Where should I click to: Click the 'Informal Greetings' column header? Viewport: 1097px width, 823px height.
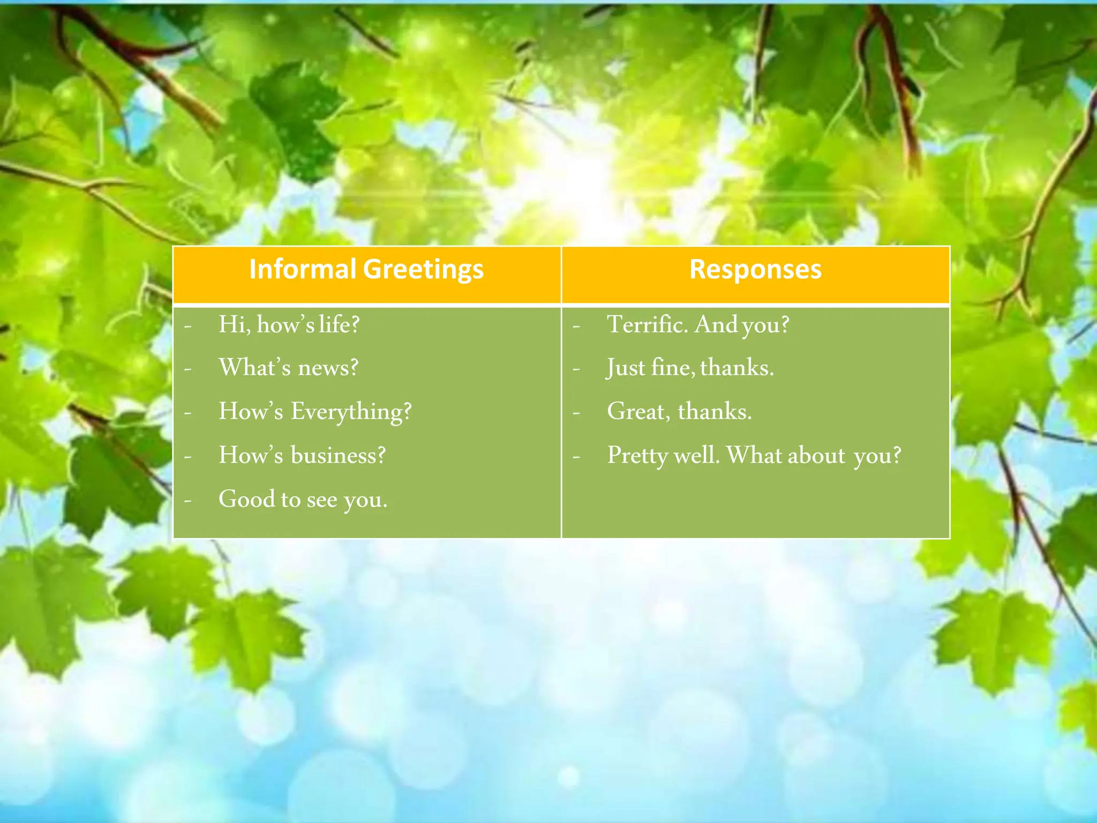[366, 270]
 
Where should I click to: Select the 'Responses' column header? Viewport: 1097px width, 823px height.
[755, 270]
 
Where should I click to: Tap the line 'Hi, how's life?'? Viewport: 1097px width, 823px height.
[289, 325]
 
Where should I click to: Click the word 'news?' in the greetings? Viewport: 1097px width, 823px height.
[328, 368]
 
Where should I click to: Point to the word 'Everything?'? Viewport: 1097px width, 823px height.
[351, 412]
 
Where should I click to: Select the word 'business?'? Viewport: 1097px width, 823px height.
[338, 455]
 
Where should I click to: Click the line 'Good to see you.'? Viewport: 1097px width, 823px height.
[303, 499]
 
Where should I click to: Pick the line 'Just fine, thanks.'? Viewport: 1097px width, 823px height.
[690, 368]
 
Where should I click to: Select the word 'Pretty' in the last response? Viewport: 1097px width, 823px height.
[637, 456]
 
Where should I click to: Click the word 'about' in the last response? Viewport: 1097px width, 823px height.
[816, 455]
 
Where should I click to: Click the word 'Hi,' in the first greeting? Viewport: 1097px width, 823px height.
[234, 325]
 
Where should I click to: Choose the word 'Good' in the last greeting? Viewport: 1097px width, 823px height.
[246, 499]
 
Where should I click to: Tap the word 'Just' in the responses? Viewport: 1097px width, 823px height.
[626, 368]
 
